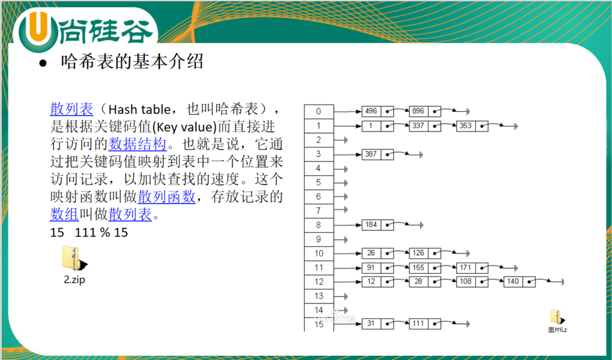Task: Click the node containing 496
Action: click(x=378, y=111)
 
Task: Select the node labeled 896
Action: click(x=425, y=111)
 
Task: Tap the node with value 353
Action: click(x=472, y=126)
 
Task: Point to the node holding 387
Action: click(x=378, y=154)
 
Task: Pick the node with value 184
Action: click(x=378, y=225)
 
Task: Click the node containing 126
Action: click(x=425, y=253)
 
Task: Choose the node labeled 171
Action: click(x=472, y=268)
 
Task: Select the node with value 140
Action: click(x=519, y=282)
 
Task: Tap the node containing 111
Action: click(x=425, y=324)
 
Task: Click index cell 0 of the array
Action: click(x=319, y=112)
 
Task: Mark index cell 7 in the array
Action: click(x=319, y=211)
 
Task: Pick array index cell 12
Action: click(x=319, y=282)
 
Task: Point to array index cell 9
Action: click(x=319, y=239)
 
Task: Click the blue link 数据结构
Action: click(x=137, y=144)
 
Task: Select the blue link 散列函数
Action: click(x=167, y=196)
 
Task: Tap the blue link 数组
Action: click(x=65, y=214)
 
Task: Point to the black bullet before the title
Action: click(x=43, y=63)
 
